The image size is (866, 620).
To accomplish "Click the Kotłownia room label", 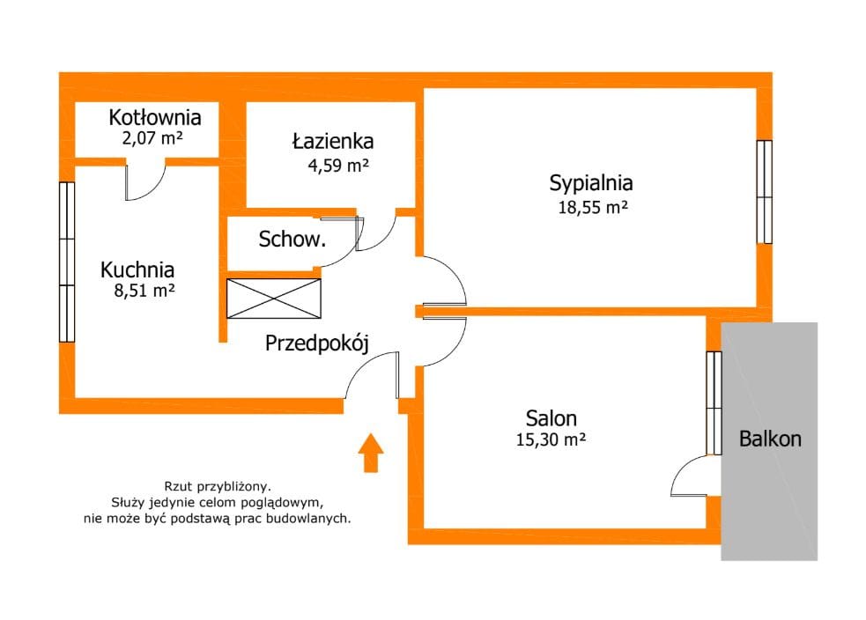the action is pyautogui.click(x=155, y=117).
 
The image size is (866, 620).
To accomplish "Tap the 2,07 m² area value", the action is pyautogui.click(x=152, y=137).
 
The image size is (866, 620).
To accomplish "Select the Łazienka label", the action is pyautogui.click(x=333, y=141).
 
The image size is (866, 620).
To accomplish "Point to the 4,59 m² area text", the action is pyautogui.click(x=338, y=165).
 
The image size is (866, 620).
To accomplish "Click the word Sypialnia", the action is pyautogui.click(x=591, y=183).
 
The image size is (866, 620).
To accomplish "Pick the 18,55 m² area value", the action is pyautogui.click(x=593, y=208).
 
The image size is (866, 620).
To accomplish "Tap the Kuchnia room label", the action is pyautogui.click(x=137, y=269).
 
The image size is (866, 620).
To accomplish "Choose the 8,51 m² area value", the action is pyautogui.click(x=144, y=290).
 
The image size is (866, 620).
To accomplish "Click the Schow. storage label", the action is pyautogui.click(x=292, y=239).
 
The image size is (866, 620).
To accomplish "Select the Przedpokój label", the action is pyautogui.click(x=316, y=343).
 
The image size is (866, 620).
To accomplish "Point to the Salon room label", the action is pyautogui.click(x=551, y=418).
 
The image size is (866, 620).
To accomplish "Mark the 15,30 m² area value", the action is pyautogui.click(x=551, y=439).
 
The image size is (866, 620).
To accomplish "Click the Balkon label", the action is pyautogui.click(x=770, y=439).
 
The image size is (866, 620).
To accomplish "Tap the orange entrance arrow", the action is pyautogui.click(x=371, y=453).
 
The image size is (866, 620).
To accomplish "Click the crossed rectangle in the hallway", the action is pyautogui.click(x=274, y=299).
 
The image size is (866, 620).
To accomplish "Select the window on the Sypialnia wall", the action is pyautogui.click(x=765, y=192).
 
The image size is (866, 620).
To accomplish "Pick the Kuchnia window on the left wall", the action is pyautogui.click(x=67, y=262).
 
